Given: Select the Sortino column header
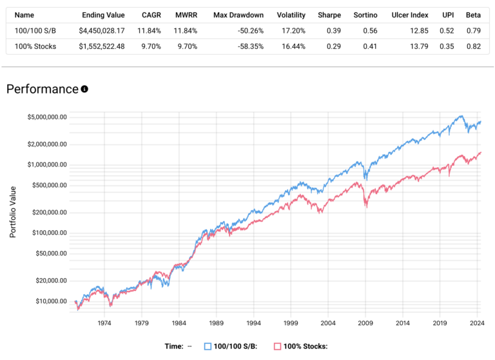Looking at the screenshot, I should pyautogui.click(x=367, y=14).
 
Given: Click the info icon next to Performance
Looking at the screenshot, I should pyautogui.click(x=84, y=89).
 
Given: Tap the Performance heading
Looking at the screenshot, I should pyautogui.click(x=42, y=89).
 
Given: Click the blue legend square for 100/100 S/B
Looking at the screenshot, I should pyautogui.click(x=208, y=346).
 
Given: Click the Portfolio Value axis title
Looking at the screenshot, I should pyautogui.click(x=13, y=208).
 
